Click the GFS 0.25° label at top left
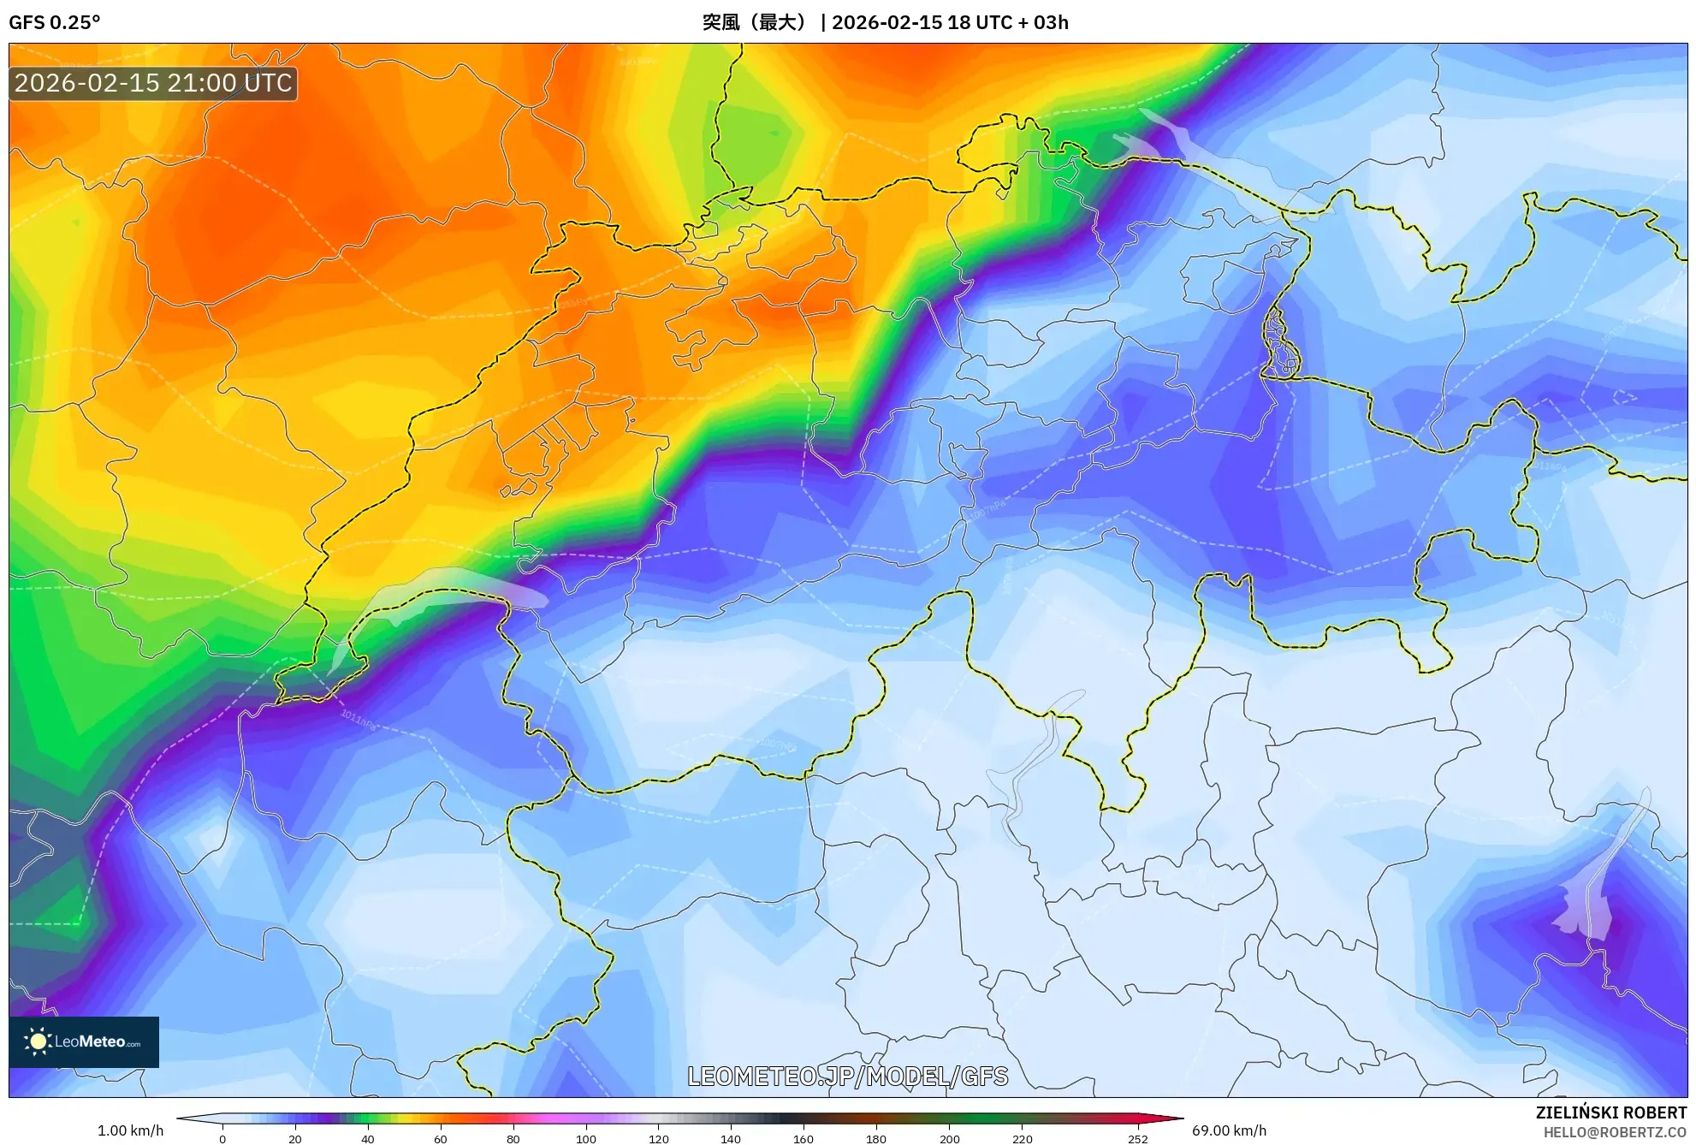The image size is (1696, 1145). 54,22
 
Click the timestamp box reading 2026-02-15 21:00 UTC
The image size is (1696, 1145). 153,83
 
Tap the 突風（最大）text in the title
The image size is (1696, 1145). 753,22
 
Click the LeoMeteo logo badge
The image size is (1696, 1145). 84,1041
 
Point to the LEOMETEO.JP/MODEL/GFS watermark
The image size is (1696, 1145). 847,1076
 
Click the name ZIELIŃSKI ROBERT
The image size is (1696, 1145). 1610,1112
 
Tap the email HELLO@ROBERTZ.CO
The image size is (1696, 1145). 1614,1132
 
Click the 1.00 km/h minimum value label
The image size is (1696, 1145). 130,1130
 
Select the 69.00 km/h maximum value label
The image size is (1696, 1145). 1229,1130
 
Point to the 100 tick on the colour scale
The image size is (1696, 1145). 585,1139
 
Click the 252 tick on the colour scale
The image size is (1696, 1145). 1137,1139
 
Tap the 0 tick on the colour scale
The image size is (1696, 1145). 222,1139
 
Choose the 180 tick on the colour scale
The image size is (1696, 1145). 876,1139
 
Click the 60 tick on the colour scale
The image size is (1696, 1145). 440,1139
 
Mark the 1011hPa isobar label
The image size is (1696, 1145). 358,716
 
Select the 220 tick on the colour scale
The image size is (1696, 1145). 1022,1139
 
